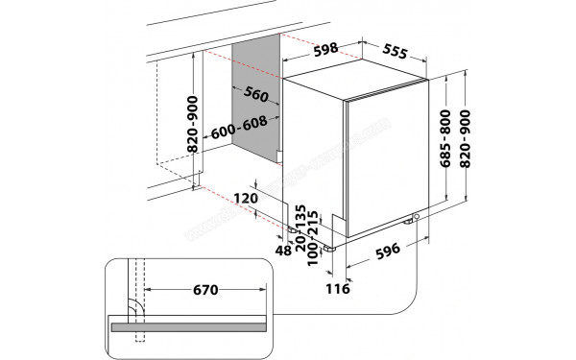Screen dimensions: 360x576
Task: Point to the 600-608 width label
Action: [239, 123]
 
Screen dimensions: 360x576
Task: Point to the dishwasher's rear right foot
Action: [416, 218]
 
